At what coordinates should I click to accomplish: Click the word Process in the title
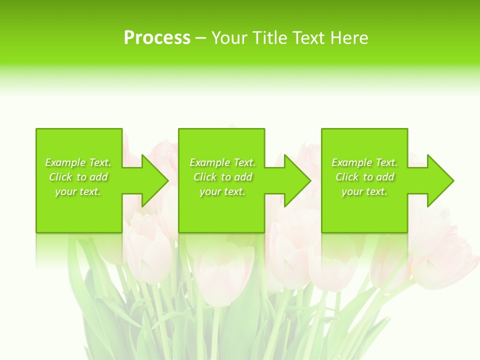point(157,38)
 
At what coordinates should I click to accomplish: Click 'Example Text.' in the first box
point(78,162)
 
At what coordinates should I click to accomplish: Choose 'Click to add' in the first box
point(78,177)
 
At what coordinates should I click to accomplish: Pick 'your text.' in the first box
point(78,191)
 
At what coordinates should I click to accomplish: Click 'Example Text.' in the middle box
point(222,162)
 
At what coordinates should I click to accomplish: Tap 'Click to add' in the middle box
point(222,177)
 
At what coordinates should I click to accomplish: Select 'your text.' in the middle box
point(222,191)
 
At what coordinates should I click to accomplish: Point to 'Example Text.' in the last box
point(364,162)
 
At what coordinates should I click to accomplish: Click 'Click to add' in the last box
point(364,177)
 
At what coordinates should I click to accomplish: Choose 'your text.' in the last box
point(364,191)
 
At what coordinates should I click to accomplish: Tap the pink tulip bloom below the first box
point(147,250)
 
